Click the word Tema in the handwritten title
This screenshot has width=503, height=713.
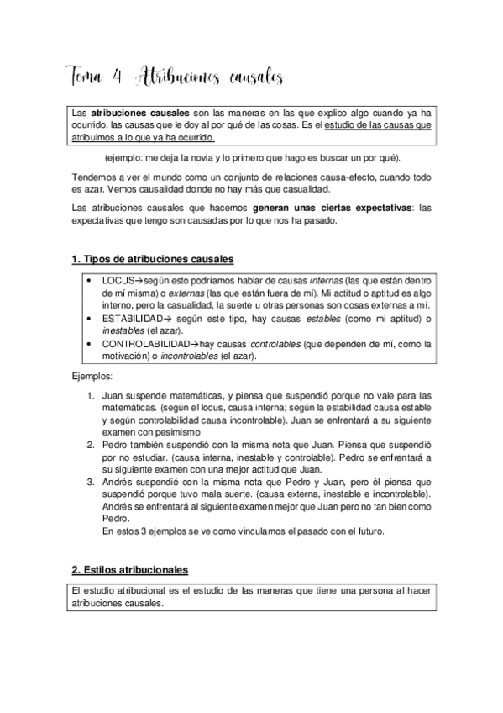pos(86,77)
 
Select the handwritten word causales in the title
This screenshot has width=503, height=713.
pos(254,77)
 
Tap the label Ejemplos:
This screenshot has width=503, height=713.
pos(92,378)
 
